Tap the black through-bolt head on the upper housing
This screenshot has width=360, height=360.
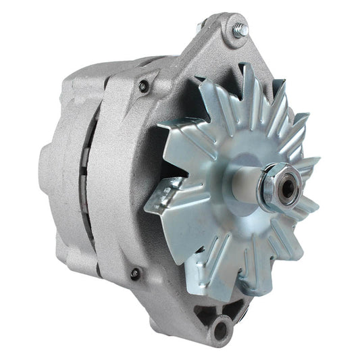143,86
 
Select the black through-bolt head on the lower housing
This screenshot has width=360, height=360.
135,274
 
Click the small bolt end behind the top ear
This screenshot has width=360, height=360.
201,27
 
